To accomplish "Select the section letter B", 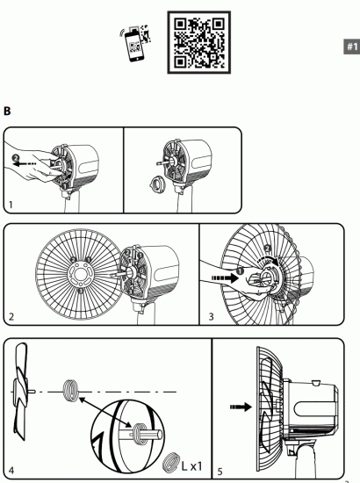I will click(x=8, y=112).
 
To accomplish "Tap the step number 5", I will click(x=221, y=472).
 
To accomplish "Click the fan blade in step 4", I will click(x=24, y=386).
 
